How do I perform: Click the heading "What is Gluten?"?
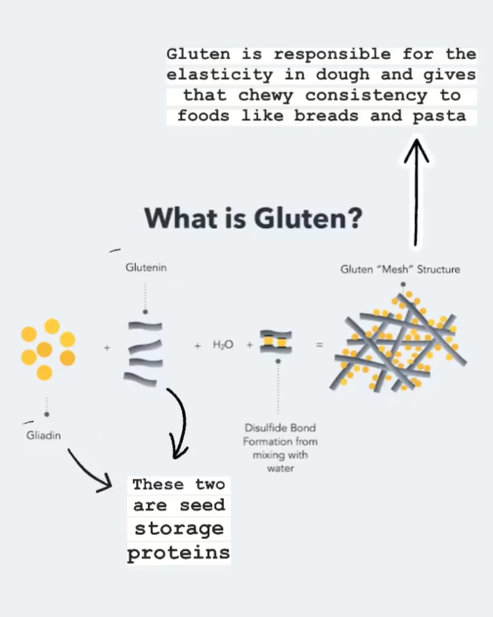pos(253,218)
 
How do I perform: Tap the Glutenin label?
pos(146,267)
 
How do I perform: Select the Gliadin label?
pos(44,435)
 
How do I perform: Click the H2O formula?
pos(223,345)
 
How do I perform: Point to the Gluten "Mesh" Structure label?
pos(400,269)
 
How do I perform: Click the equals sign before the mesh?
pos(320,345)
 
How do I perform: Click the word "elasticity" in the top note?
pos(219,74)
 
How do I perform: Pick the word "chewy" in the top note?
pos(266,96)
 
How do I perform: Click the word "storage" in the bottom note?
pos(179,529)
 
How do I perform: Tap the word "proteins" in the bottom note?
pos(178,553)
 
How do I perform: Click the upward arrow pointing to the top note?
pos(416,193)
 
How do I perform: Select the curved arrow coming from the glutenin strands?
pos(182,421)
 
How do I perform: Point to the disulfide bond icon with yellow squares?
pos(276,342)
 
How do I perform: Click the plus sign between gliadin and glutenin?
pos(107,348)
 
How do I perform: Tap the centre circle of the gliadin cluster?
pos(44,350)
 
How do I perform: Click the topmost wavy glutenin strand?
pos(145,326)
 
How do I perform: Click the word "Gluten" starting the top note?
pos(199,54)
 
